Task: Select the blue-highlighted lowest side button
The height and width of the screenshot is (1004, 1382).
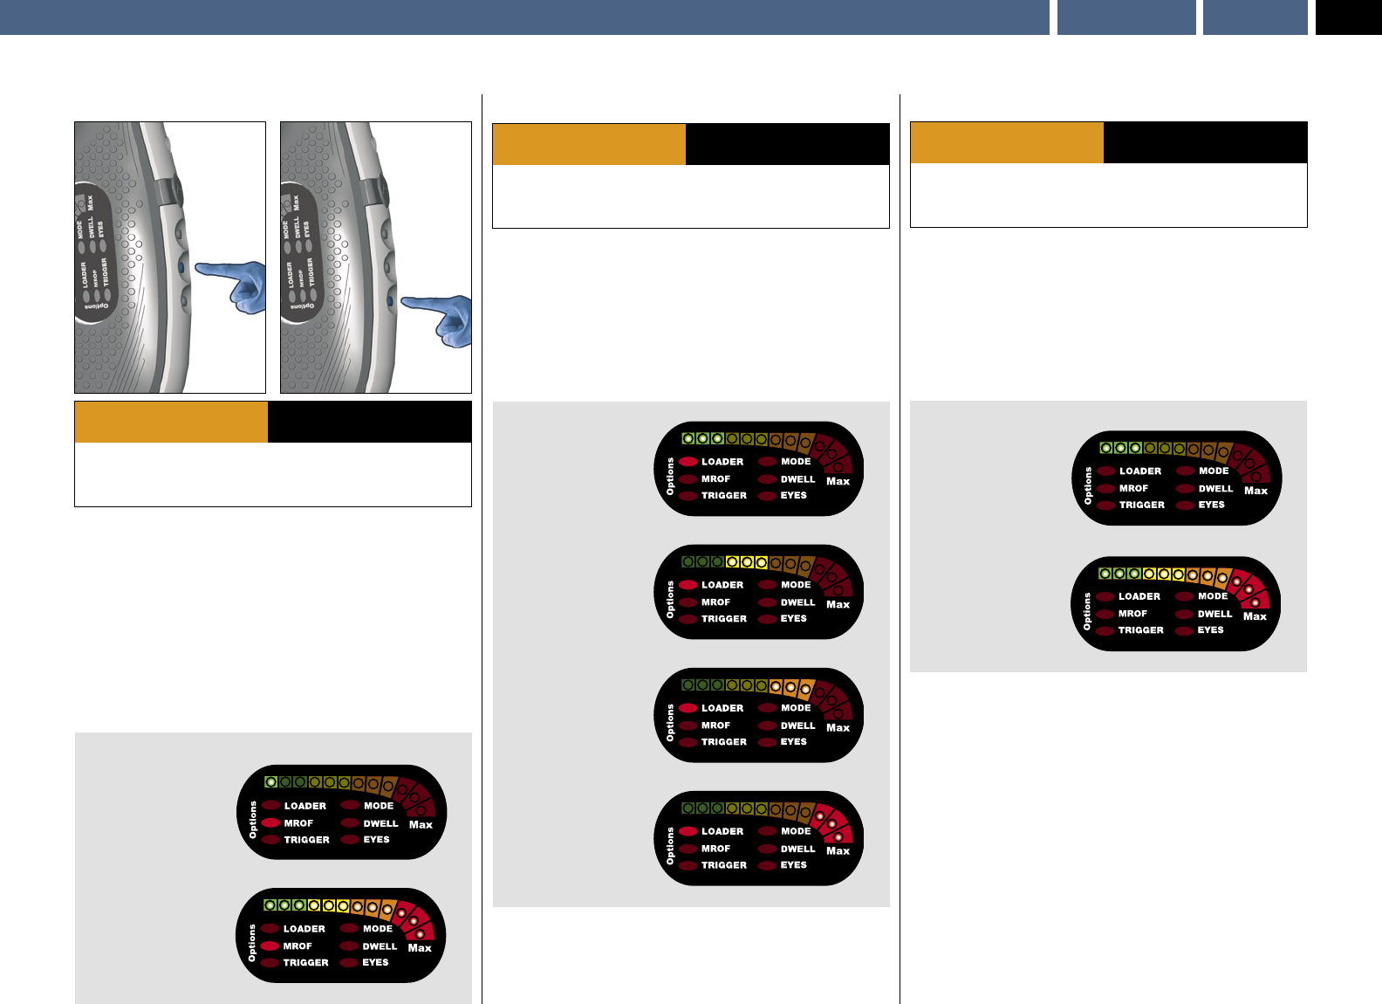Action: coord(389,301)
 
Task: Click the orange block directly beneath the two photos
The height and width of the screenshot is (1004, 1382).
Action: coord(171,422)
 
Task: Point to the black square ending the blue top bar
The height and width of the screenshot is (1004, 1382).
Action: coord(1348,17)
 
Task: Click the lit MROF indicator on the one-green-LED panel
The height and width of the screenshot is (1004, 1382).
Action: coord(270,823)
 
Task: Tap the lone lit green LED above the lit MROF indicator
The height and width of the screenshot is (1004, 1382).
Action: coord(271,782)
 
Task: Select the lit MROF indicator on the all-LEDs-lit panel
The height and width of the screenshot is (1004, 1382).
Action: coord(270,946)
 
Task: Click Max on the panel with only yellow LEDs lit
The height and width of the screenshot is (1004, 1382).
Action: coord(838,604)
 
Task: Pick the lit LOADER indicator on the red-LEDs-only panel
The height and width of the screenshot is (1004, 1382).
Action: coord(688,831)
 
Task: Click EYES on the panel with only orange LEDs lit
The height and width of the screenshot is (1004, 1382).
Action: coord(793,742)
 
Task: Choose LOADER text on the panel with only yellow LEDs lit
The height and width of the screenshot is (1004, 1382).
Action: coord(722,585)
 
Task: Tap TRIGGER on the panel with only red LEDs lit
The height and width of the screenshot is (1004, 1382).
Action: coord(724,865)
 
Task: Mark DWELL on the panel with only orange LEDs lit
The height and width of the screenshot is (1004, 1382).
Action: coord(797,725)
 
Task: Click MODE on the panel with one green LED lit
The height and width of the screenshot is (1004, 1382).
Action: coord(379,806)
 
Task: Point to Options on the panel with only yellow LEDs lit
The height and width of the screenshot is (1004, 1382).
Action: coord(670,600)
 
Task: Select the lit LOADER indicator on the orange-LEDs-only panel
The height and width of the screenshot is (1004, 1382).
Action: coord(688,708)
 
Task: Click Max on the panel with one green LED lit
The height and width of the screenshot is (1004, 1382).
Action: coord(421,825)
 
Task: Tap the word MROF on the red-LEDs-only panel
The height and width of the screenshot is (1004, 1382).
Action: coord(715,849)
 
